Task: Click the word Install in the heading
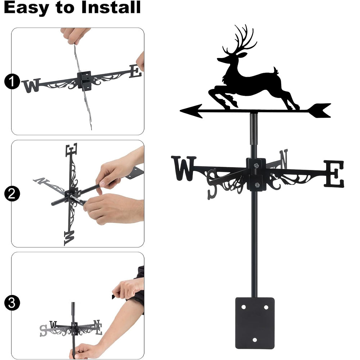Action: click(x=111, y=7)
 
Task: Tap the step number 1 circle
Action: click(x=12, y=81)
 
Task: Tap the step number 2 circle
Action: click(x=12, y=194)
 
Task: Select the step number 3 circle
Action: click(x=12, y=303)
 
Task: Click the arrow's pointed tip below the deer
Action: click(x=180, y=111)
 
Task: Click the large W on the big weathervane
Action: click(x=184, y=168)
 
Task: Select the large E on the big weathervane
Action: click(x=334, y=174)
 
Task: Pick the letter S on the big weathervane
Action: click(x=212, y=184)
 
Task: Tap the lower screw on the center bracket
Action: click(x=257, y=185)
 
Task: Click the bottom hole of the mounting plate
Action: click(x=255, y=340)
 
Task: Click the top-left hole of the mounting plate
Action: click(x=243, y=307)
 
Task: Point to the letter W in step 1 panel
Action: click(x=31, y=85)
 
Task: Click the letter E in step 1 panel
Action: click(x=135, y=71)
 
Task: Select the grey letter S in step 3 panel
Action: click(x=43, y=330)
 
